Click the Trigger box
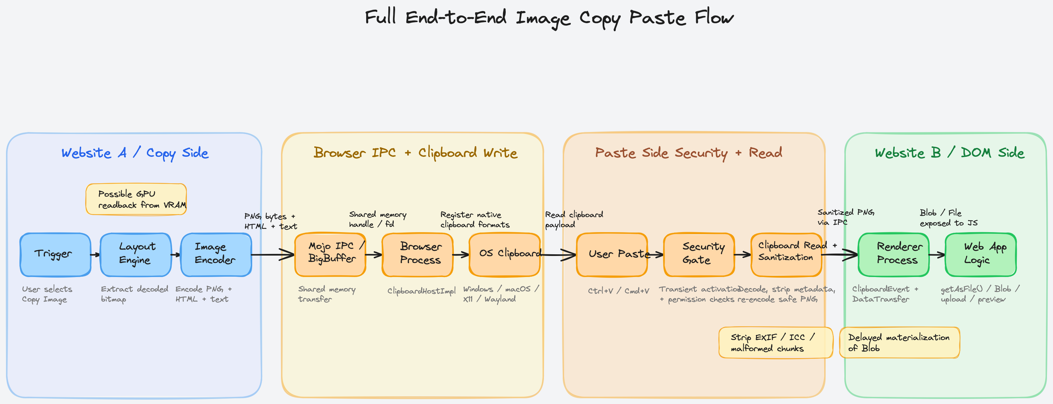[55, 255]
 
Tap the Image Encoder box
[216, 255]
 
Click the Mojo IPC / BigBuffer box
[330, 255]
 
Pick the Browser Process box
[418, 255]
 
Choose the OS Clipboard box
[504, 255]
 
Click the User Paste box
[612, 255]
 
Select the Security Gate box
[699, 255]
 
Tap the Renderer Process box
[894, 255]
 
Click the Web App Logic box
[981, 255]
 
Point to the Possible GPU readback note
[136, 199]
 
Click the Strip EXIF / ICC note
[775, 342]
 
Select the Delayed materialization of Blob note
[899, 342]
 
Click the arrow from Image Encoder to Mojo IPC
[273, 255]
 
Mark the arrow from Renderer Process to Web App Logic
[937, 255]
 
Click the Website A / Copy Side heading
[135, 153]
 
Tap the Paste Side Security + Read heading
[688, 153]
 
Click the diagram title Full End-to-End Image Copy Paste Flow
[549, 17]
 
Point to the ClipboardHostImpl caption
[422, 291]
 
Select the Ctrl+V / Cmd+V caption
[618, 291]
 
